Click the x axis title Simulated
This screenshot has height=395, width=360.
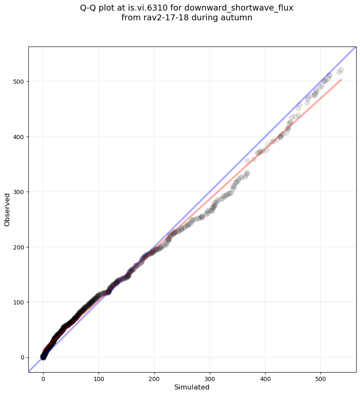pos(192,387)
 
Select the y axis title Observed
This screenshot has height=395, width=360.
pos(7,209)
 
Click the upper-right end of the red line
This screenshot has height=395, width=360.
pos(341,80)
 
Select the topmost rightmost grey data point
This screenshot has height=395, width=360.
pos(341,70)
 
